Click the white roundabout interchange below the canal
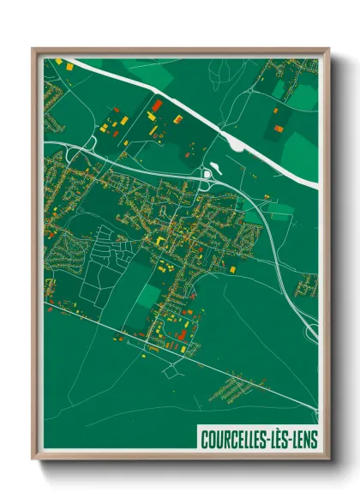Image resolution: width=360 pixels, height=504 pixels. click(x=207, y=176)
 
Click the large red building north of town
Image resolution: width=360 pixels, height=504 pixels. click(x=156, y=105)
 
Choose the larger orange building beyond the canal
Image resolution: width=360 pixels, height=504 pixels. click(x=279, y=129)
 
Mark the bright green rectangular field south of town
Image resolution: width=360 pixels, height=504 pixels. click(x=147, y=296)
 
